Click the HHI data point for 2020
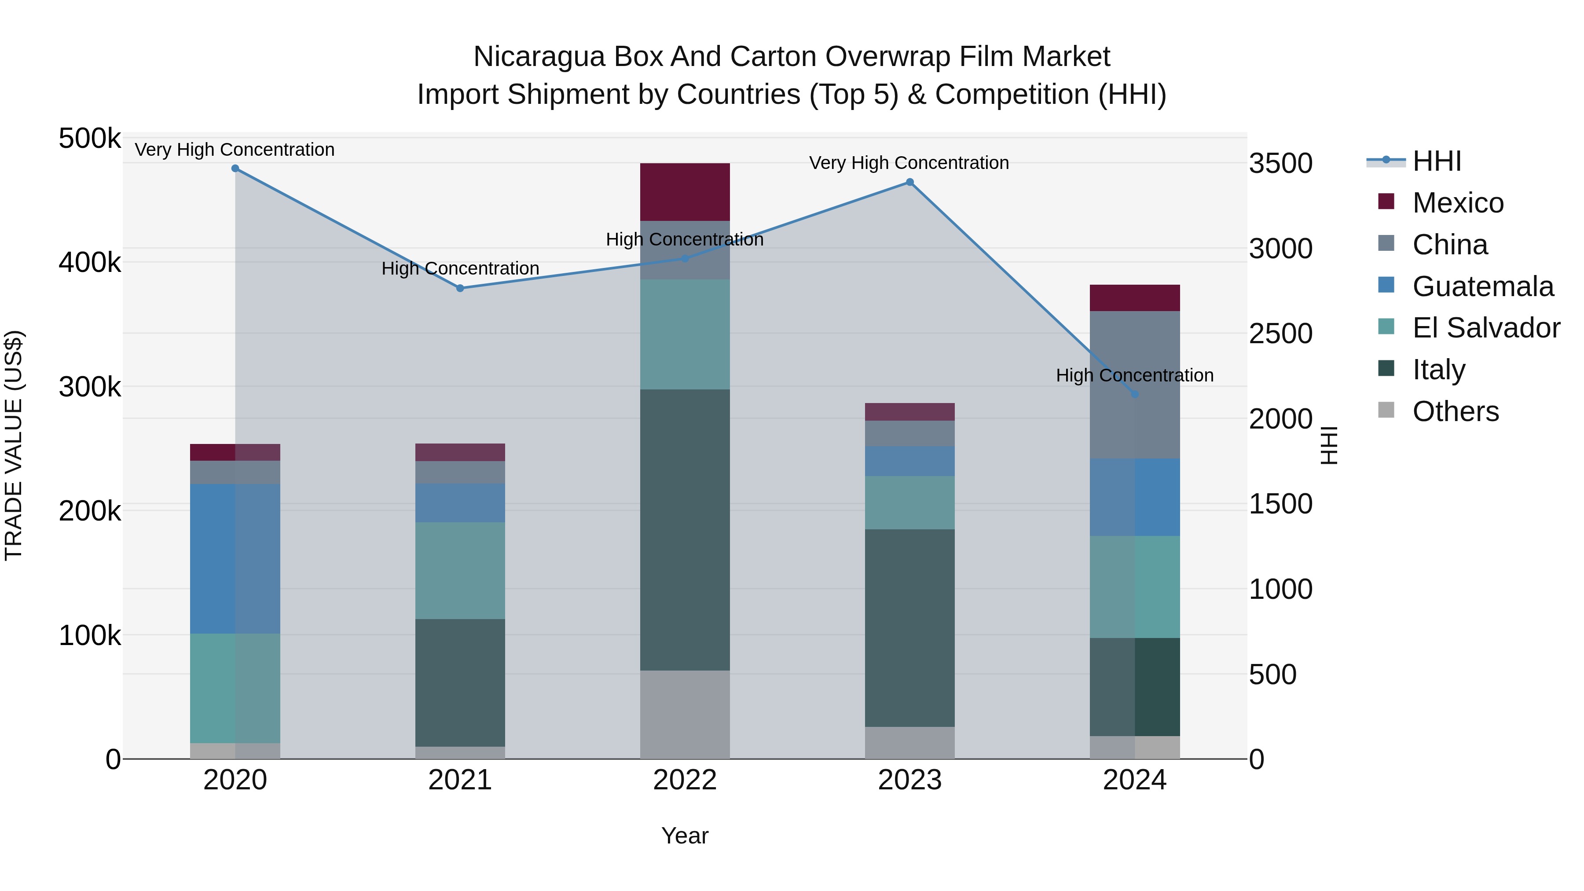pos(235,169)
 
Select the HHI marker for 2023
pos(910,182)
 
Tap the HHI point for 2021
pos(460,288)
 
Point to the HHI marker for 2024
pos(1134,394)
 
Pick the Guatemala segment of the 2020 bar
pos(235,558)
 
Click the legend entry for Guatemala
pos(1482,286)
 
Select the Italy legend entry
pos(1438,370)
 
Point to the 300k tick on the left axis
pos(90,387)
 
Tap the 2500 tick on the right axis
pos(1281,334)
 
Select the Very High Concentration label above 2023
pos(909,163)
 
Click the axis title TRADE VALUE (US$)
pos(14,445)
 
